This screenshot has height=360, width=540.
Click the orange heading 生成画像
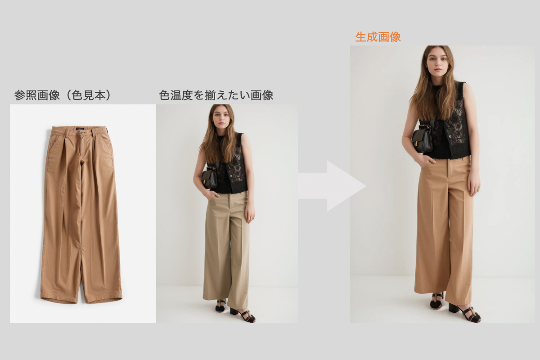(x=378, y=37)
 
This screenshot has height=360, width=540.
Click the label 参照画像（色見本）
(x=63, y=95)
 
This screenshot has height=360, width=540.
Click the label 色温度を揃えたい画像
(x=216, y=95)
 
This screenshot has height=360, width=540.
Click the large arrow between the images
(x=332, y=186)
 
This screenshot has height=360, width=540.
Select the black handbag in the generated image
(x=422, y=139)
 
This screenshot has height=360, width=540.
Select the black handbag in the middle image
(x=209, y=178)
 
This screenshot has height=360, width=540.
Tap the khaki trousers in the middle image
(x=225, y=248)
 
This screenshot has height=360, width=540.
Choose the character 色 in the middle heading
(x=164, y=95)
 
